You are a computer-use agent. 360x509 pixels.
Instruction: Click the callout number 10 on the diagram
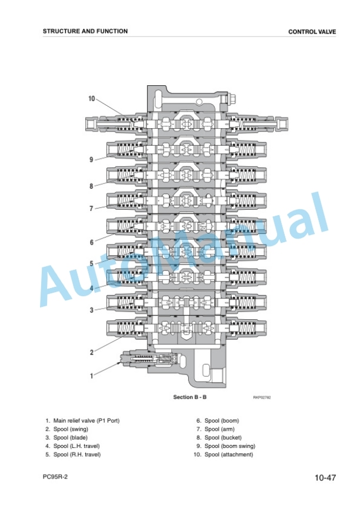(x=92, y=98)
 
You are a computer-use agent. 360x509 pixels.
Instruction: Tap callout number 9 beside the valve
(x=91, y=159)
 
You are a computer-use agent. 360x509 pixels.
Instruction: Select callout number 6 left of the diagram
(x=92, y=242)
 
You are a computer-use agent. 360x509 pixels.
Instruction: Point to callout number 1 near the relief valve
(x=92, y=376)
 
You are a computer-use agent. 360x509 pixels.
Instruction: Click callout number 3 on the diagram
(x=92, y=310)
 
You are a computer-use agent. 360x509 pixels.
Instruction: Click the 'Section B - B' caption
(x=190, y=397)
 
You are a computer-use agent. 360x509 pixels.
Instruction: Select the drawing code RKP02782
(x=262, y=397)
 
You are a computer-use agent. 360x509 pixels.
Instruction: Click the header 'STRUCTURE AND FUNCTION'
(x=85, y=31)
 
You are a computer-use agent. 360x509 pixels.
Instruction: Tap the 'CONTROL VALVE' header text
(x=312, y=32)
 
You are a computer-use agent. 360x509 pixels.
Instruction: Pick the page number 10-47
(x=325, y=477)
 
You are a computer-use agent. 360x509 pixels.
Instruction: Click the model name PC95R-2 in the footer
(x=55, y=477)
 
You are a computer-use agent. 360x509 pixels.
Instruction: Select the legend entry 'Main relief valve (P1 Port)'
(x=86, y=421)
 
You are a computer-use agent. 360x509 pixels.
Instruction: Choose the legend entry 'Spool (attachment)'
(x=229, y=454)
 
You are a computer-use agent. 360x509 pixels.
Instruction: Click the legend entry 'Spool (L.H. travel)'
(x=76, y=446)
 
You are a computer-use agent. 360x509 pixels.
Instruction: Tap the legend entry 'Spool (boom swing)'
(x=230, y=446)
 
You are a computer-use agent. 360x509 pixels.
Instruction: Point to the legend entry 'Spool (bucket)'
(x=223, y=437)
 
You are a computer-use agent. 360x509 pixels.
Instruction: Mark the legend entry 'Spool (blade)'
(x=71, y=437)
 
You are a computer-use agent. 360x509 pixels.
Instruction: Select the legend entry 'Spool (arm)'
(x=219, y=429)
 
